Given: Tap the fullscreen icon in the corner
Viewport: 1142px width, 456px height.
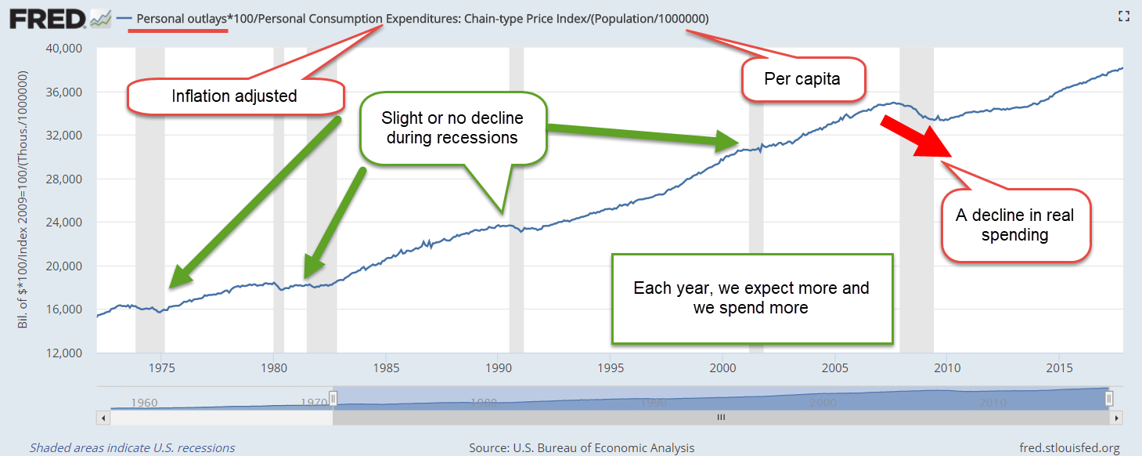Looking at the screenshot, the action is tap(1124, 16).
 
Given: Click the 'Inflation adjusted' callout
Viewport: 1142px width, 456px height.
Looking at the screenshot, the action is tap(236, 96).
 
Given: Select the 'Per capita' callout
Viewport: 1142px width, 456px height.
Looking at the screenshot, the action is tap(803, 79).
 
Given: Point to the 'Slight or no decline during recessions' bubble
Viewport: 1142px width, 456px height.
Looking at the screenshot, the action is tap(453, 128).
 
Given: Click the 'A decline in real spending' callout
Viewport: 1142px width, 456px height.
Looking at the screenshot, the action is tap(1015, 226).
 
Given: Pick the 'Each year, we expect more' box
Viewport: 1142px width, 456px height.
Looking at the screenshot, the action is tap(752, 299).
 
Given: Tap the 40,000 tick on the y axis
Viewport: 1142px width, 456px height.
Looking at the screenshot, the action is tap(63, 49).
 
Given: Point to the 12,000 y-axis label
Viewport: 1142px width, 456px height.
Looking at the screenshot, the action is tap(63, 353).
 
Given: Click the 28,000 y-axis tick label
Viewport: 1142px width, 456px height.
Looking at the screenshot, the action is tap(63, 179).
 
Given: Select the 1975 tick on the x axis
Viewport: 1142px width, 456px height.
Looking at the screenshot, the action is tap(161, 367).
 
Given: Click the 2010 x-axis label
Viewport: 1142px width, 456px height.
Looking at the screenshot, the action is tap(947, 367).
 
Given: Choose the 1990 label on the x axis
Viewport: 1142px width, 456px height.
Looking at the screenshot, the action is tap(498, 367).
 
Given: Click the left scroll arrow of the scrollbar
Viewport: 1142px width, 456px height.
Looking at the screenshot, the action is tap(103, 418).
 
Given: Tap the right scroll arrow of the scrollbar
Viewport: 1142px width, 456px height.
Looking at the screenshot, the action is tap(1116, 418).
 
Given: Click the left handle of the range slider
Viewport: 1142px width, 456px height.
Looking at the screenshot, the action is tap(333, 398).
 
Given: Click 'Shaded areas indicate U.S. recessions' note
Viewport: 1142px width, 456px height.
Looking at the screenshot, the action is tap(132, 448).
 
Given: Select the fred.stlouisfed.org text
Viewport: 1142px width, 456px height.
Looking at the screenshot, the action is tap(1070, 448).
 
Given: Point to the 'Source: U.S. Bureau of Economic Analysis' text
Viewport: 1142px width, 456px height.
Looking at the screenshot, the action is tap(582, 448).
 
